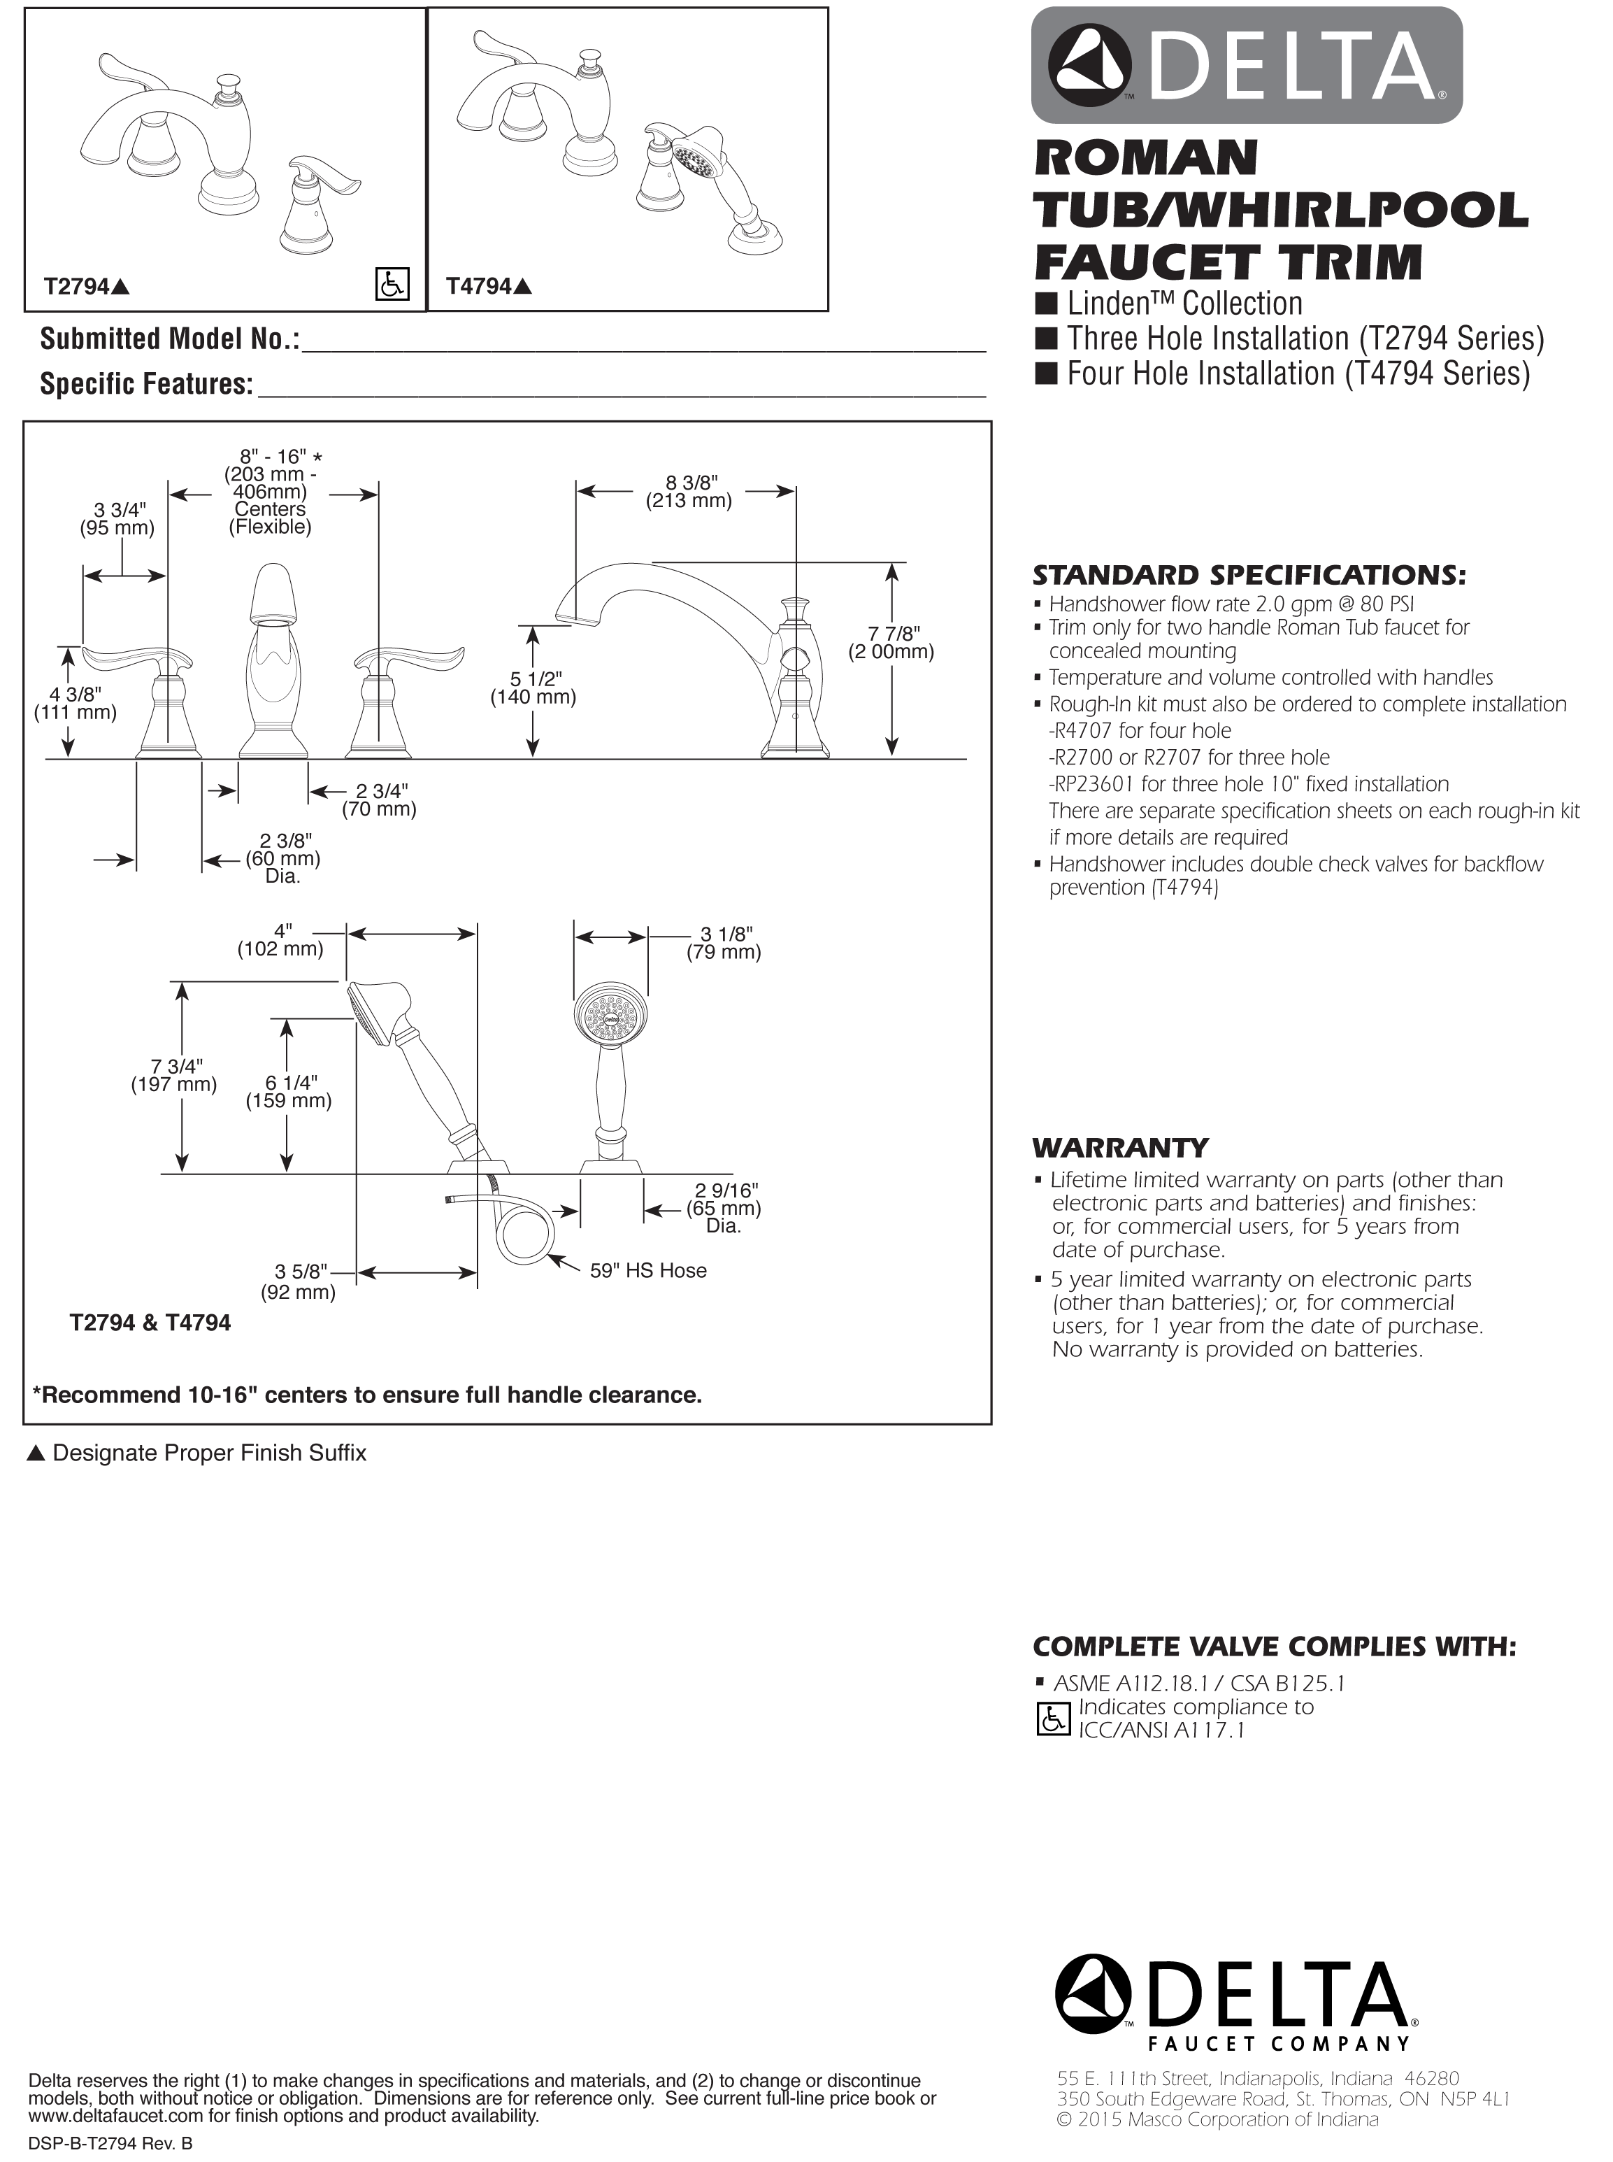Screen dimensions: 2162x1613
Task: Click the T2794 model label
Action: pyautogui.click(x=86, y=286)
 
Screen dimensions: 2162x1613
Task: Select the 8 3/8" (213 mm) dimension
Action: pyautogui.click(x=689, y=492)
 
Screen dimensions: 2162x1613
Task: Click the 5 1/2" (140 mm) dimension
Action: pyautogui.click(x=533, y=688)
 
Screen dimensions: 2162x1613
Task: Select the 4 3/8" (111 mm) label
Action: pyautogui.click(x=76, y=703)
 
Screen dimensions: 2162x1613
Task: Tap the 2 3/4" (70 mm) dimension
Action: pyautogui.click(x=379, y=799)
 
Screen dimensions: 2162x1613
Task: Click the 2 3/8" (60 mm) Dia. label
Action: pyautogui.click(x=282, y=858)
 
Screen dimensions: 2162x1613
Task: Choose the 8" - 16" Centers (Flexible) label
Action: pyautogui.click(x=269, y=492)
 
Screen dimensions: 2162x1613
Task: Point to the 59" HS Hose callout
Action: pyautogui.click(x=646, y=1270)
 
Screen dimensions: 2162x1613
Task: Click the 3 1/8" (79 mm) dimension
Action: pyautogui.click(x=724, y=944)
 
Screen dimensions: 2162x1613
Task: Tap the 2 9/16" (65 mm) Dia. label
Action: pyautogui.click(x=724, y=1208)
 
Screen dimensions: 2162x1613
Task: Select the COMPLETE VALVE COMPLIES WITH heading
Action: pyautogui.click(x=1274, y=1647)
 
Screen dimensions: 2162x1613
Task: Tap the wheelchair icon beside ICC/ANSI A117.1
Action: pyautogui.click(x=1052, y=1720)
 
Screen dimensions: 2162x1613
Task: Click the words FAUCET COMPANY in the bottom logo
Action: pyautogui.click(x=1279, y=2043)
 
